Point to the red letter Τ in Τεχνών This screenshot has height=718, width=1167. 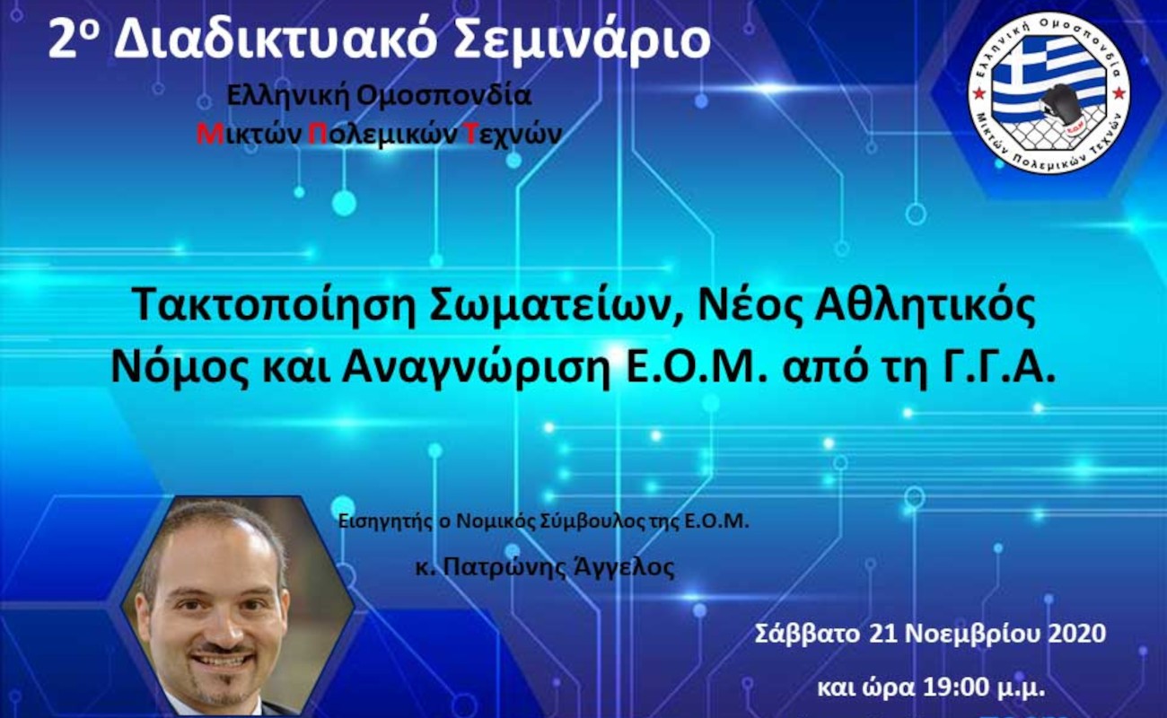471,135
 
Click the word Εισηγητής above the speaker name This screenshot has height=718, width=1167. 384,522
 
